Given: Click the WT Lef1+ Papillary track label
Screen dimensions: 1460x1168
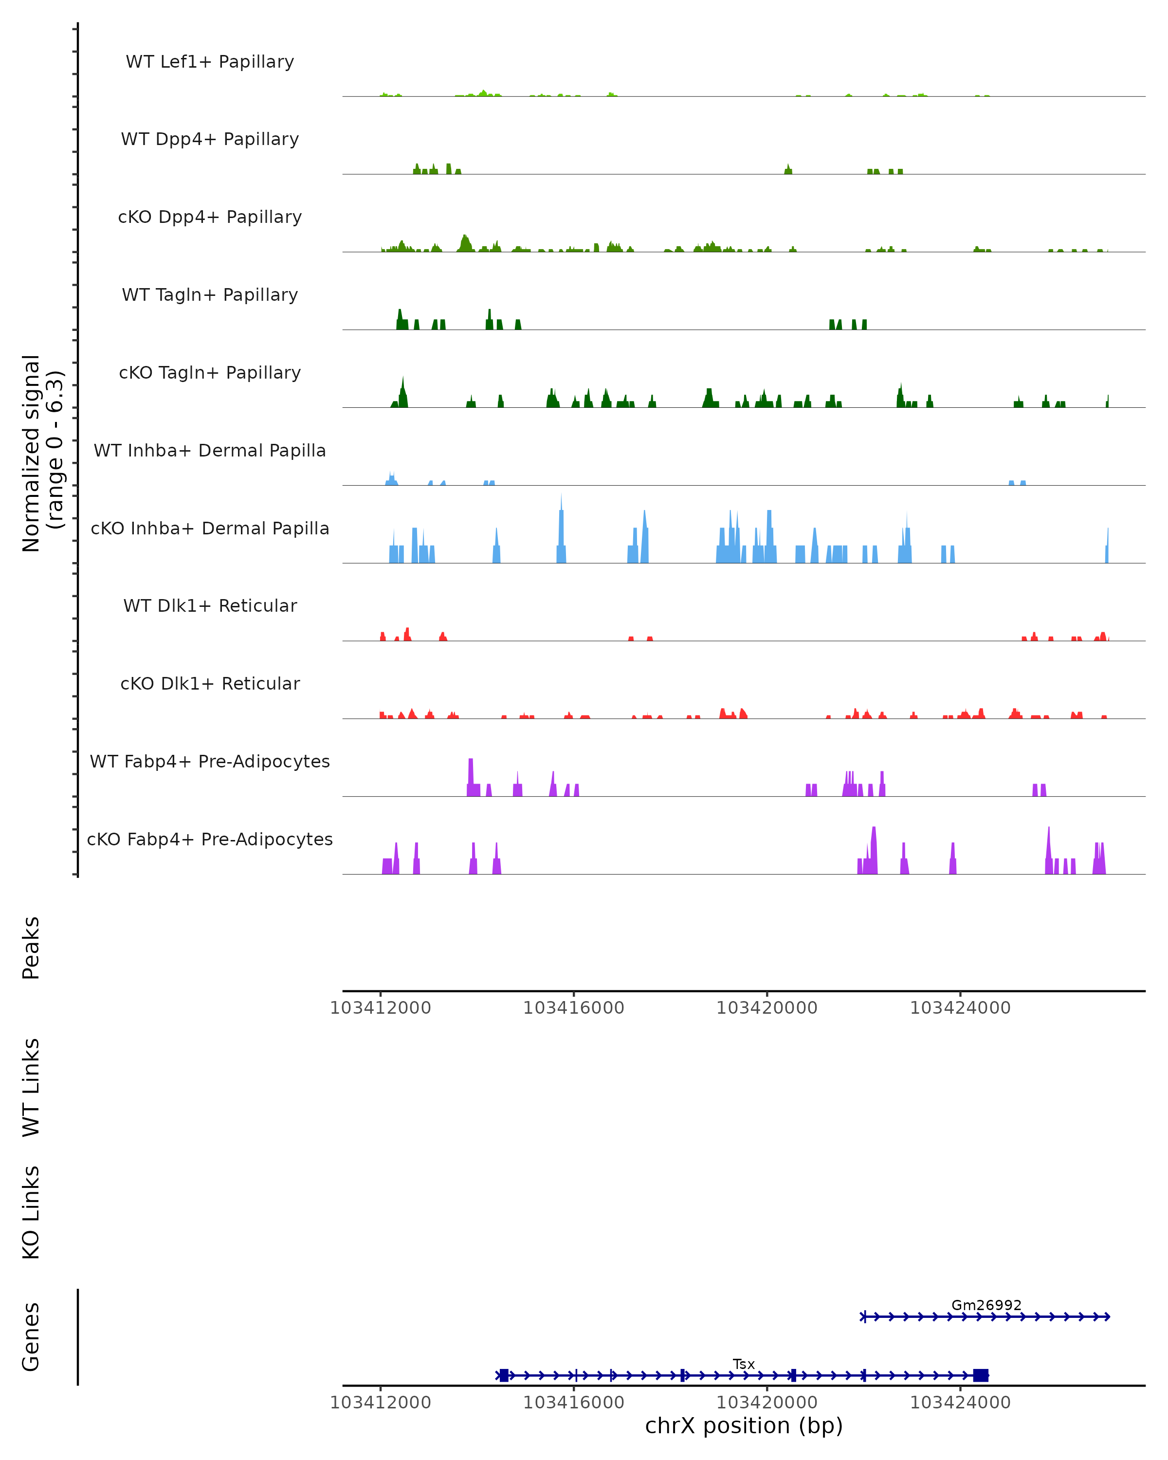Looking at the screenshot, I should [210, 62].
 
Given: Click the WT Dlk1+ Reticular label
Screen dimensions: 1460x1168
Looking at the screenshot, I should [210, 605].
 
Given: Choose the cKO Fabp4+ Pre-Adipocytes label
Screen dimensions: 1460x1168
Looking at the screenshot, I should [210, 839].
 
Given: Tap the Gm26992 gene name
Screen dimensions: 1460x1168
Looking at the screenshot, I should [986, 1305].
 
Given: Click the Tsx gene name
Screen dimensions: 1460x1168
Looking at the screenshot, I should [744, 1364].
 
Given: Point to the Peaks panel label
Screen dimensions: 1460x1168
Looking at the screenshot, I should [31, 948].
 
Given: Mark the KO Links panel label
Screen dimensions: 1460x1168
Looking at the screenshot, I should [31, 1212].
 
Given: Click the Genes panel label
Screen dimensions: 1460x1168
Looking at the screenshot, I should [31, 1337].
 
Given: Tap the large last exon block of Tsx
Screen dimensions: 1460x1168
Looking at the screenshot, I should [981, 1375].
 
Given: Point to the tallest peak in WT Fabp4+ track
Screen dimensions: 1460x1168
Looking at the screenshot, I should [471, 772].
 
